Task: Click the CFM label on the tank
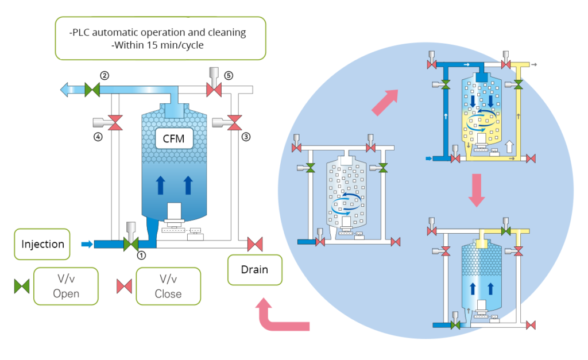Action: pyautogui.click(x=173, y=138)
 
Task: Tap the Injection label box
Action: pyautogui.click(x=42, y=244)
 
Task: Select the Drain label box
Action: pyautogui.click(x=254, y=270)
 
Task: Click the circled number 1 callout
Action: pyautogui.click(x=141, y=256)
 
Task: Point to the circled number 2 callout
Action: pyautogui.click(x=105, y=75)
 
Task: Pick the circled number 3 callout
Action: pyautogui.click(x=246, y=137)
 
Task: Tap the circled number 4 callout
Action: pyautogui.click(x=98, y=137)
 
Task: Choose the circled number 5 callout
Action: pyautogui.click(x=229, y=75)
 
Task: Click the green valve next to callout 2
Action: pyautogui.click(x=92, y=90)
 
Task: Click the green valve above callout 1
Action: pyautogui.click(x=131, y=244)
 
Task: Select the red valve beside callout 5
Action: pyautogui.click(x=214, y=90)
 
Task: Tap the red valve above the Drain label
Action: pyautogui.click(x=255, y=244)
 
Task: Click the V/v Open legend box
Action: pyautogui.click(x=66, y=286)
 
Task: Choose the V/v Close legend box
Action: pyautogui.click(x=168, y=286)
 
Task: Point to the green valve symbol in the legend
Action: pyautogui.click(x=22, y=286)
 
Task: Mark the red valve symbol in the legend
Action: pyautogui.click(x=124, y=286)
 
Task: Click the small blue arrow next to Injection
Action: pyautogui.click(x=87, y=245)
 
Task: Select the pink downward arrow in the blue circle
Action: pyautogui.click(x=477, y=190)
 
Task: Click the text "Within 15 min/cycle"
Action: pyautogui.click(x=157, y=45)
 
